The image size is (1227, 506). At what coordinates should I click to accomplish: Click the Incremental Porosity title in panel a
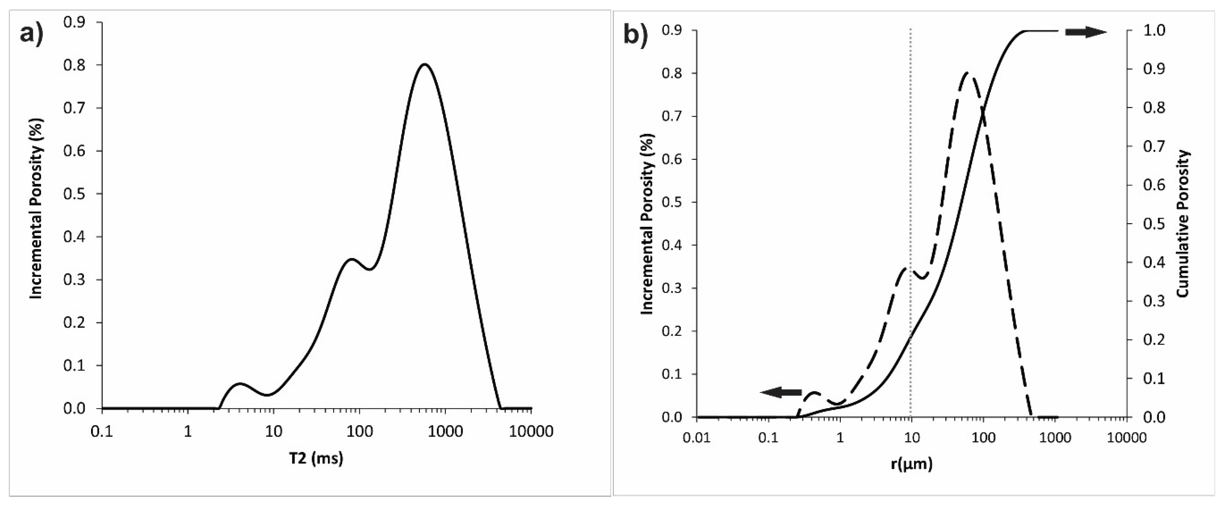coord(37,208)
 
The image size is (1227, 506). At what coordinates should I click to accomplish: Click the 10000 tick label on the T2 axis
coord(531,431)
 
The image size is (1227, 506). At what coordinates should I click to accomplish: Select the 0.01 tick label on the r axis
coord(697,438)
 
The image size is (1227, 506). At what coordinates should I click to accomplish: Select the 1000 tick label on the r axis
coord(1055,438)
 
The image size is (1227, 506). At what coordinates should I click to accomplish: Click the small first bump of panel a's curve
coord(239,383)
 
